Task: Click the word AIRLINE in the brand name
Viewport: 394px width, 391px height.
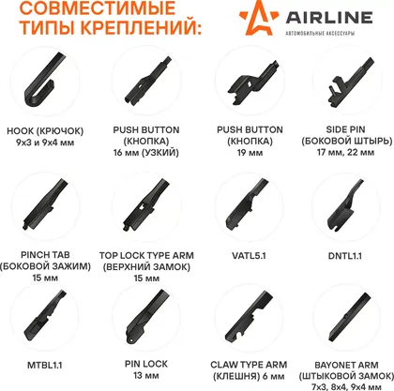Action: tap(329, 18)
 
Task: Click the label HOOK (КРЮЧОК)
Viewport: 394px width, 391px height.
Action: tap(45, 130)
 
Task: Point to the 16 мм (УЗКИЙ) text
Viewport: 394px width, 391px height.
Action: tap(146, 153)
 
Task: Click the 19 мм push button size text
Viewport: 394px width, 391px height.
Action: tap(250, 153)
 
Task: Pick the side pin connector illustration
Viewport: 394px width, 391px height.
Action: tap(351, 82)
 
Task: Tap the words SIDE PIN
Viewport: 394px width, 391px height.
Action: tap(345, 129)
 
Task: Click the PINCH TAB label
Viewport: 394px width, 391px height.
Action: tap(45, 255)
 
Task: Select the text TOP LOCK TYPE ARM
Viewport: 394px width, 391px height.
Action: tap(146, 256)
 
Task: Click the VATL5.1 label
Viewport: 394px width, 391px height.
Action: tap(249, 256)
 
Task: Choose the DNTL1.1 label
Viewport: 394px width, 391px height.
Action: tap(345, 256)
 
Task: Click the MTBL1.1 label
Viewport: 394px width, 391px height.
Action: tap(45, 365)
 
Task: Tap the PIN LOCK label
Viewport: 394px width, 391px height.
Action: tap(146, 364)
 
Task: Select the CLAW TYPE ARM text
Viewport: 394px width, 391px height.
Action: tap(249, 365)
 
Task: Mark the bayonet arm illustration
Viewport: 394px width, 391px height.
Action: tap(350, 318)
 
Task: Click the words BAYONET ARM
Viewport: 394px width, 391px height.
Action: tap(346, 365)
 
